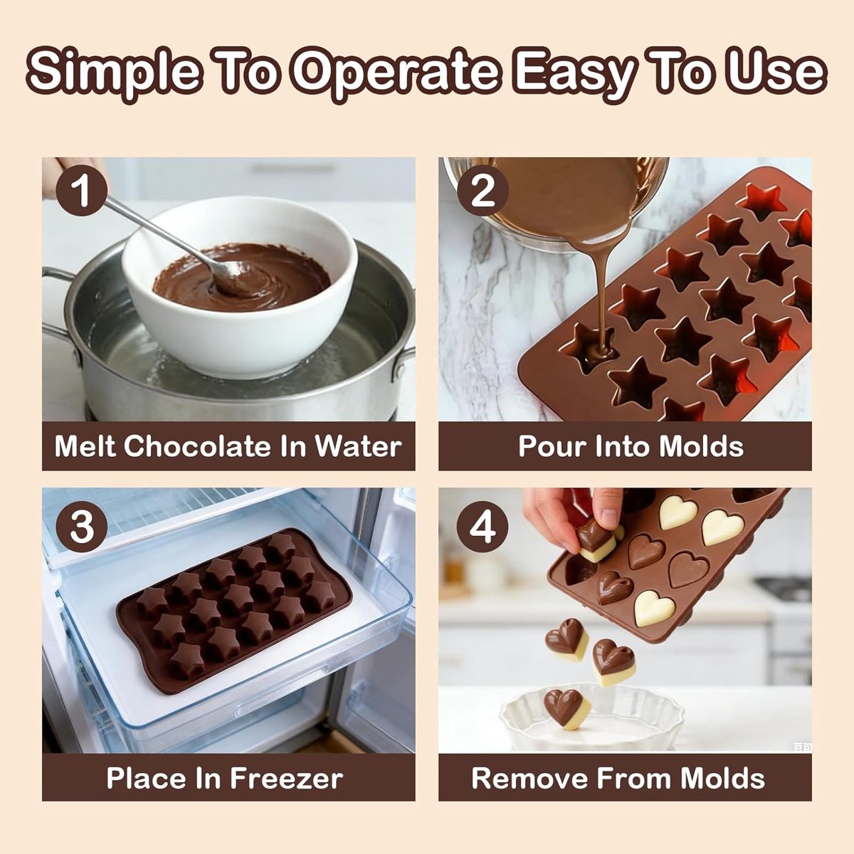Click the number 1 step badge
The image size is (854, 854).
tap(82, 190)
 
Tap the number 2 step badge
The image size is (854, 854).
tap(483, 190)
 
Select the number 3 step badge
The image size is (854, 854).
tap(82, 527)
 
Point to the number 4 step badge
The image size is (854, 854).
tap(483, 527)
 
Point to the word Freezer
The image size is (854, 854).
tap(286, 778)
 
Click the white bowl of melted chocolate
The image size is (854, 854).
tap(240, 287)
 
